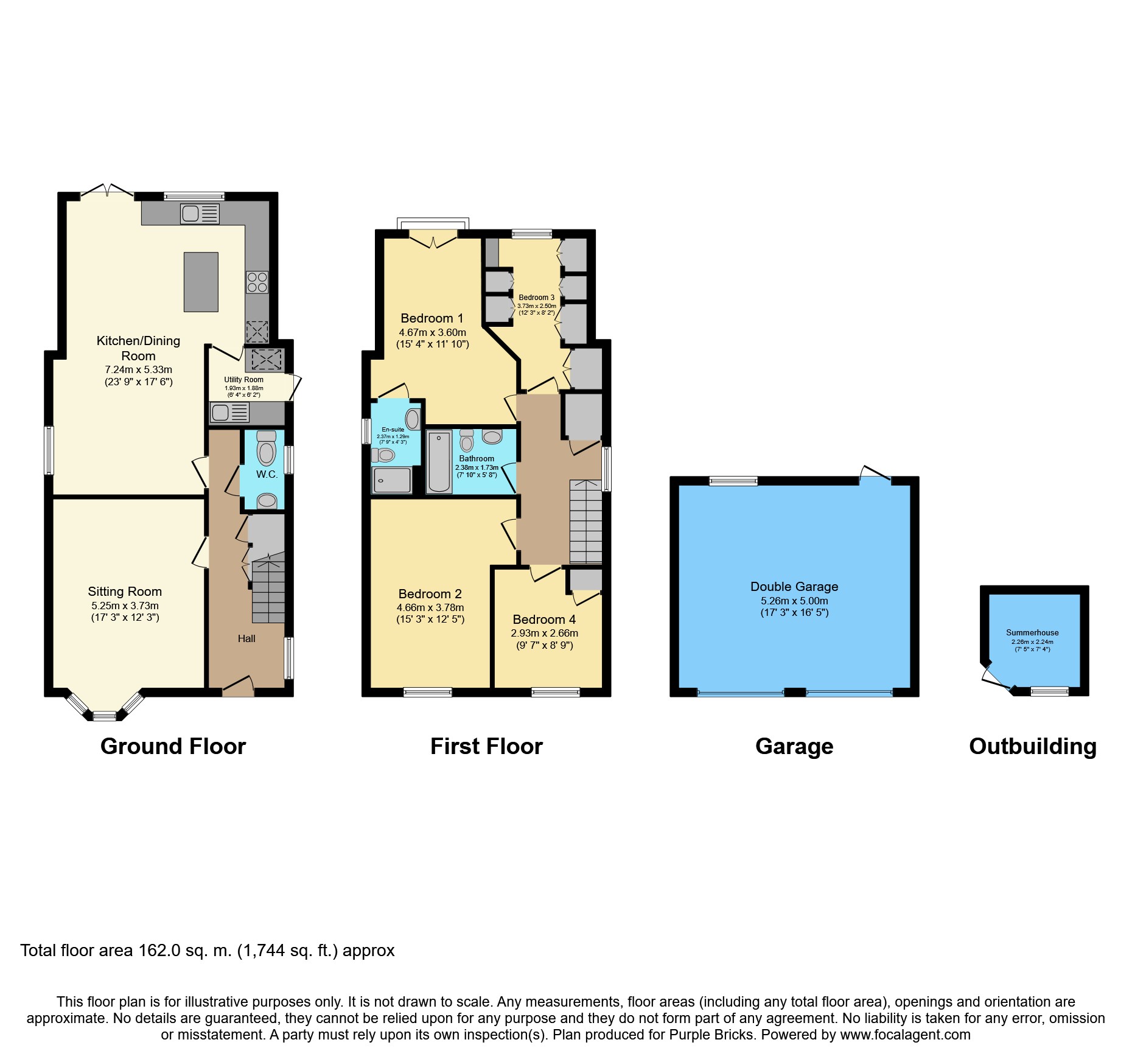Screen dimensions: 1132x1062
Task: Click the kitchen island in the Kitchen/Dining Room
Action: point(201,282)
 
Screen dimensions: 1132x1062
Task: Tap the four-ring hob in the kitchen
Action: point(257,282)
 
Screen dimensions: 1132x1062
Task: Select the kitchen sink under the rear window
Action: point(200,214)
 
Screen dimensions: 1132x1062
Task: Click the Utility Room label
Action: point(243,380)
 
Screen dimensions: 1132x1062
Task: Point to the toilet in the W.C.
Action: point(267,448)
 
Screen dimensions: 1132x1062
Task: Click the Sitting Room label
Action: point(125,592)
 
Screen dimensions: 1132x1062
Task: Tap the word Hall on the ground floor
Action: point(246,638)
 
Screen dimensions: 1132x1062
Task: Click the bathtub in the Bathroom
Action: point(439,461)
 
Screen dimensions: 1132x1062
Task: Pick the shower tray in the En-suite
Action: point(392,480)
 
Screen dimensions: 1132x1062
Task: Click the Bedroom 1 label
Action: point(432,318)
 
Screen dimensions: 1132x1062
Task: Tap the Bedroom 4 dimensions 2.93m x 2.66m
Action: point(545,633)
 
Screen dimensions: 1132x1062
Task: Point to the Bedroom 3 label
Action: point(537,298)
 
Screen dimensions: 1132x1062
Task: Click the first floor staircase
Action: point(585,522)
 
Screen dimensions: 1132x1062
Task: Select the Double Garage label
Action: point(794,587)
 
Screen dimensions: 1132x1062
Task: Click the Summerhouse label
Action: point(1032,633)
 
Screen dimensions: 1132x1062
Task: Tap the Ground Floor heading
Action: point(173,746)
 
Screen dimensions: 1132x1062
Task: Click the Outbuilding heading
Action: point(1033,746)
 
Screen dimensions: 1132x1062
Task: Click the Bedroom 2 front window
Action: point(428,692)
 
